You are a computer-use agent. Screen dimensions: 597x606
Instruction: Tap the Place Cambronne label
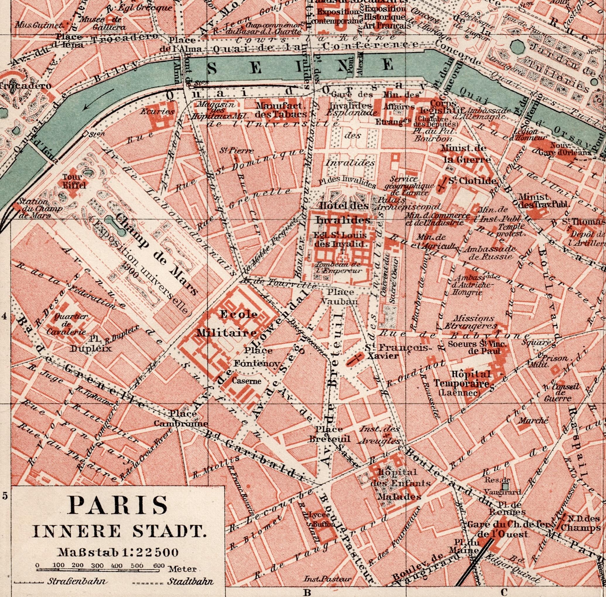[181, 419]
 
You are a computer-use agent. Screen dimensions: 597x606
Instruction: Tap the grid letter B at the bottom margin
[307, 592]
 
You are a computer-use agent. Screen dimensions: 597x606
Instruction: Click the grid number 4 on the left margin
[4, 317]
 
